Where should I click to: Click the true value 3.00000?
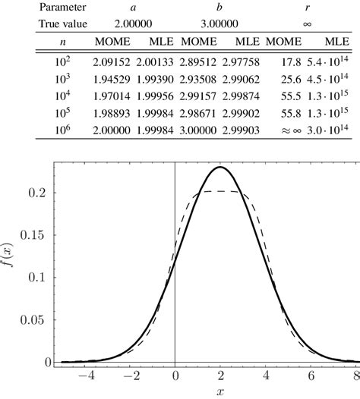coord(219,24)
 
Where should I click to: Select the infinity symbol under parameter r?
coord(307,24)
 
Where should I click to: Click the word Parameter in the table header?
coord(43,7)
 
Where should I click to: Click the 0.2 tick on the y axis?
coord(39,193)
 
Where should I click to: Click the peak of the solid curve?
coord(220,167)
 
